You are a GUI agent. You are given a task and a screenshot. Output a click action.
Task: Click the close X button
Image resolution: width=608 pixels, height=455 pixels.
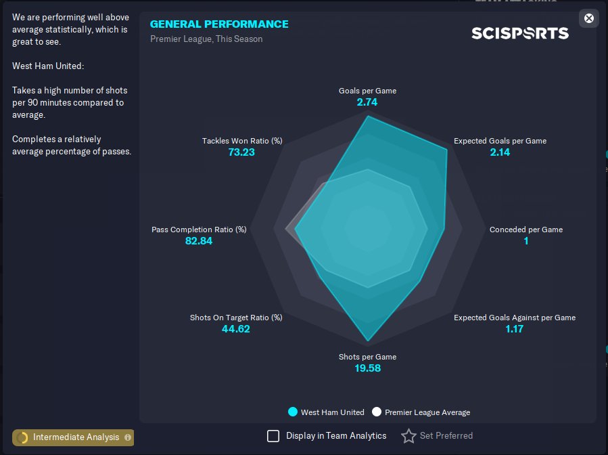(589, 18)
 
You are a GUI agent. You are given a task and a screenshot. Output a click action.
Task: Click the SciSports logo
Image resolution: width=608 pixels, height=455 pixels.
(519, 33)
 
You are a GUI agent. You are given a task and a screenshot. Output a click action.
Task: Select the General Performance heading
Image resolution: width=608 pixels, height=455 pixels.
(219, 24)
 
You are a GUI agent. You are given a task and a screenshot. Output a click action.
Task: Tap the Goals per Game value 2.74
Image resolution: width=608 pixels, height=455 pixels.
(367, 102)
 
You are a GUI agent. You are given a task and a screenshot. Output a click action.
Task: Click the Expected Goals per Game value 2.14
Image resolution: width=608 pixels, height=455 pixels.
(500, 152)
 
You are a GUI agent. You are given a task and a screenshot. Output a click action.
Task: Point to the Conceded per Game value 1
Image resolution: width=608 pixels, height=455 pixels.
(525, 241)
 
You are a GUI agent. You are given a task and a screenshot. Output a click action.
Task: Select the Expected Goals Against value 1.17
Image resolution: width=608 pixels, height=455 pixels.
(514, 329)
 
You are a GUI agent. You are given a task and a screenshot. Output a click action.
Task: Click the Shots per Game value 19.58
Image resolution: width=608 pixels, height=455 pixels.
(367, 368)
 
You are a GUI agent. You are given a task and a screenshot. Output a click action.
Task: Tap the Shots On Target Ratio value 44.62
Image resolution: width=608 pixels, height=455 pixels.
(235, 329)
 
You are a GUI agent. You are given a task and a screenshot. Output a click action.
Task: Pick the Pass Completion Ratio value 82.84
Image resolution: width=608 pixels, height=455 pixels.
(199, 241)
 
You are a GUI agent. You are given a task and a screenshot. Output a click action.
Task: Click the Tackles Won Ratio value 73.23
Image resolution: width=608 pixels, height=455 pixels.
(241, 152)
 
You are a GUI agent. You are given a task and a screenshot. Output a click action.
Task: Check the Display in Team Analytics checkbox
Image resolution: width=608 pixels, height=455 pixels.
(273, 436)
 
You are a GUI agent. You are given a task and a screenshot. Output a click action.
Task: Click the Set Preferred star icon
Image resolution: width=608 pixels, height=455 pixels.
(408, 436)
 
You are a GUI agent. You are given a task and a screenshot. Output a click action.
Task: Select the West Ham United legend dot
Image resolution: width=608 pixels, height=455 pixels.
(293, 412)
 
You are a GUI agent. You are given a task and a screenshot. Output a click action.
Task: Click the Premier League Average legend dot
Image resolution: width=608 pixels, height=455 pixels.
(377, 412)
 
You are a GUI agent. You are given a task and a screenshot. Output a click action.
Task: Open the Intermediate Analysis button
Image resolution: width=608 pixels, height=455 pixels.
(73, 437)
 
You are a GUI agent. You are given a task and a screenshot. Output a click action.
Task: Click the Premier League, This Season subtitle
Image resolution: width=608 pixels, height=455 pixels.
(206, 39)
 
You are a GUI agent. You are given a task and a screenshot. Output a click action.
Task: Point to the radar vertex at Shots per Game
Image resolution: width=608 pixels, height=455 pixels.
(368, 341)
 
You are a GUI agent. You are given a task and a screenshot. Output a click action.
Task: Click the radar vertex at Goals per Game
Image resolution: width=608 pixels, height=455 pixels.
(368, 116)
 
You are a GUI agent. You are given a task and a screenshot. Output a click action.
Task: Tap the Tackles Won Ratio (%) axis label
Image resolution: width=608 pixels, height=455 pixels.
(242, 141)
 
